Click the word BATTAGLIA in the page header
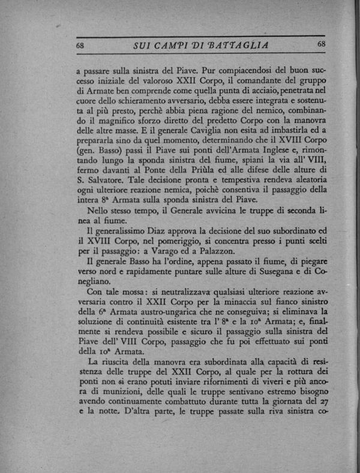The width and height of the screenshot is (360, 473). pyautogui.click(x=235, y=46)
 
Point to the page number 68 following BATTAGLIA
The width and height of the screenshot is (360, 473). pyautogui.click(x=320, y=44)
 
